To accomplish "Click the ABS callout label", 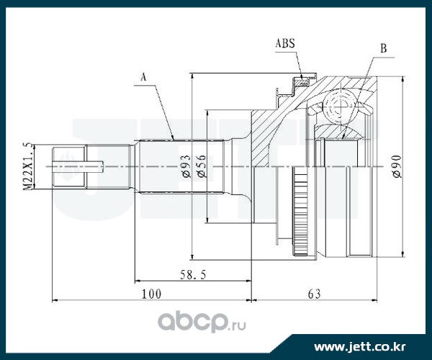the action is click(x=286, y=42).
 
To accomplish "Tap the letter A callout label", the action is click(x=143, y=76).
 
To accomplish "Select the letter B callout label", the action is click(x=383, y=49).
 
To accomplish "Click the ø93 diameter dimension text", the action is click(x=185, y=166).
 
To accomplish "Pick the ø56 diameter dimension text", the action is click(x=202, y=166).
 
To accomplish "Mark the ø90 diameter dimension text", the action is click(x=395, y=166).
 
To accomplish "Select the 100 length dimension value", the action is click(x=150, y=294).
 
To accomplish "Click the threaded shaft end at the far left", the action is click(x=71, y=167).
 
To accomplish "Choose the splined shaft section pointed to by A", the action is click(x=180, y=167).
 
